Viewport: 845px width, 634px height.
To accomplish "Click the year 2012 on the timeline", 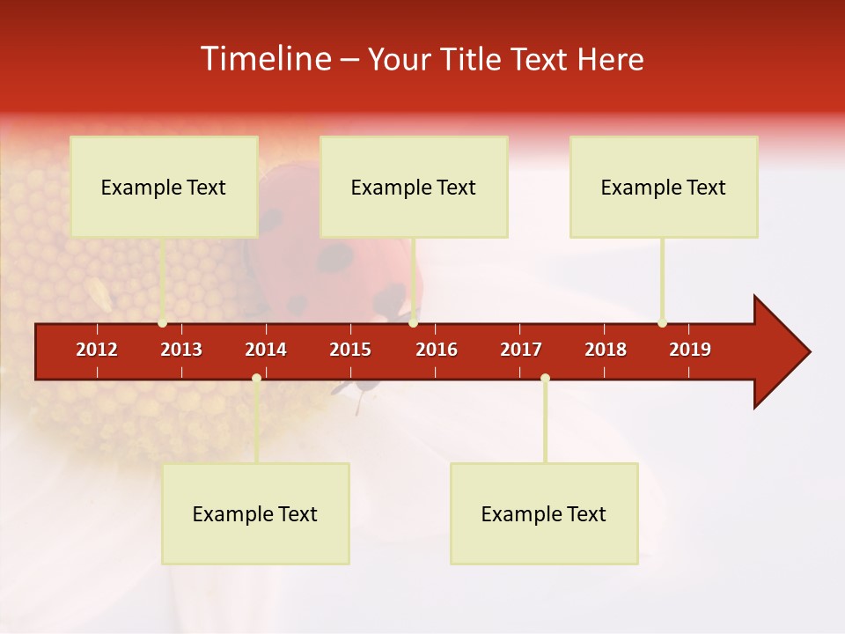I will pos(97,350).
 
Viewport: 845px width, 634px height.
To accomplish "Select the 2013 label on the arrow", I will pos(181,350).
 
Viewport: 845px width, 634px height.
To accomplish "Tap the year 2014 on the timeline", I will pos(266,350).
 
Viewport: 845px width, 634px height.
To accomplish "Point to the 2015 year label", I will pos(350,350).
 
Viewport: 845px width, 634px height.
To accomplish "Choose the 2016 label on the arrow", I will pos(437,350).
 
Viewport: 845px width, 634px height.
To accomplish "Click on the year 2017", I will pos(521,350).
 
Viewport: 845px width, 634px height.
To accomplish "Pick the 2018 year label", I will pos(606,350).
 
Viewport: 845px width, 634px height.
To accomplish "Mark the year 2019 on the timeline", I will pos(690,350).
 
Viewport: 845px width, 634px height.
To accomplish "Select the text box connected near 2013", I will pos(164,187).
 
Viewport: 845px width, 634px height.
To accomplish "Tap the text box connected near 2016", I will pos(414,187).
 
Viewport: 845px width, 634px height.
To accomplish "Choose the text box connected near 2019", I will pos(664,187).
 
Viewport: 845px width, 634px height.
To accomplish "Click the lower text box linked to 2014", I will pos(255,513).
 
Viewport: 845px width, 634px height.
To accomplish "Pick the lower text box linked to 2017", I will pos(544,513).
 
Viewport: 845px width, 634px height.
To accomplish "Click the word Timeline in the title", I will pos(264,59).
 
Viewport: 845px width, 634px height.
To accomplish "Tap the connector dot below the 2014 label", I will pos(256,379).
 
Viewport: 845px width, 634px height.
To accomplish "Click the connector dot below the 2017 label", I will pos(545,379).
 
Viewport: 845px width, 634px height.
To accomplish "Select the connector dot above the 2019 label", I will pos(662,323).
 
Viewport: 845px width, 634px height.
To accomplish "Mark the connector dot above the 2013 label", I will pos(162,323).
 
